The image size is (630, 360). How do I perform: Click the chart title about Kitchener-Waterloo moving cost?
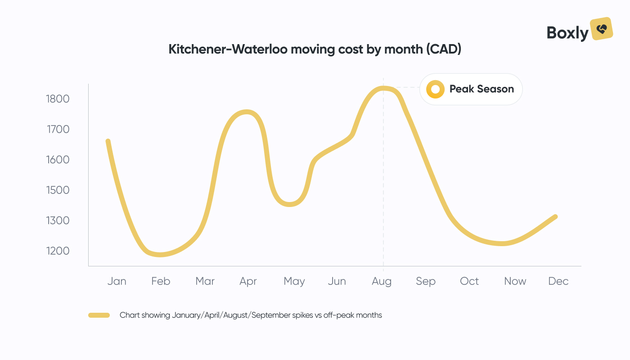[315, 49]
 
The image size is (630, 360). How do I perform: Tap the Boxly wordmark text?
[567, 33]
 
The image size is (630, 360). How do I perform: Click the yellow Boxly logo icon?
[602, 29]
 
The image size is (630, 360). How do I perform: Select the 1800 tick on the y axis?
[58, 99]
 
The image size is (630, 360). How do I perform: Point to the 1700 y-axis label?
[58, 130]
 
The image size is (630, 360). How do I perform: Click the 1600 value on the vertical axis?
[58, 160]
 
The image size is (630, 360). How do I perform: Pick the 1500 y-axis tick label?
[58, 190]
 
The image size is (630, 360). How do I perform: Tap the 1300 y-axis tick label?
[58, 221]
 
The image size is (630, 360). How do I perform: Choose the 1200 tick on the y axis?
[58, 251]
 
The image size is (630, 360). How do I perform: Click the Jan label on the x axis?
[117, 281]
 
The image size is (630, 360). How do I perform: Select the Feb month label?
[161, 281]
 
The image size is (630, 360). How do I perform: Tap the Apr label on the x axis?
[248, 281]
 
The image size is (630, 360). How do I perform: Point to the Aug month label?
[382, 281]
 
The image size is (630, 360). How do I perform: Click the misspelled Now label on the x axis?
[515, 281]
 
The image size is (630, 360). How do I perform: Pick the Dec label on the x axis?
[558, 281]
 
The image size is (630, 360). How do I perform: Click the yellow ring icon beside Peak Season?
[435, 89]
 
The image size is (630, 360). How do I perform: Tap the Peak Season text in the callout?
[481, 89]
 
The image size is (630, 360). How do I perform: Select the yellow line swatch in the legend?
[99, 315]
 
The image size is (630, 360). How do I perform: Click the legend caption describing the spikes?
[251, 315]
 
